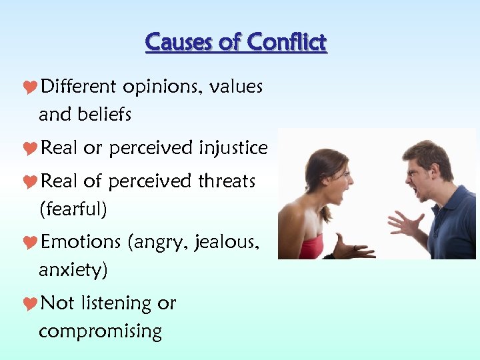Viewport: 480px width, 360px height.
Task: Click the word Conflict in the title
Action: coord(286,43)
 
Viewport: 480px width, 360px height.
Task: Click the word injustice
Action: coord(233,148)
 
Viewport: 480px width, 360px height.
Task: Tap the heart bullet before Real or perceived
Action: coord(31,148)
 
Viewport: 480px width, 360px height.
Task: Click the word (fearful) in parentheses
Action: coord(73,209)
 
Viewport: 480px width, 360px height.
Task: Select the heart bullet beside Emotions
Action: coord(31,242)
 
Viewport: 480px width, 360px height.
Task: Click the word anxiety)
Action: coord(73,270)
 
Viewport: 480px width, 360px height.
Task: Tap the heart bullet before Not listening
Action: coord(31,303)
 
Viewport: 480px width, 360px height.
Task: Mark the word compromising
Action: coord(100,331)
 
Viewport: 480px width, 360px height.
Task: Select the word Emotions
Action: coord(81,242)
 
